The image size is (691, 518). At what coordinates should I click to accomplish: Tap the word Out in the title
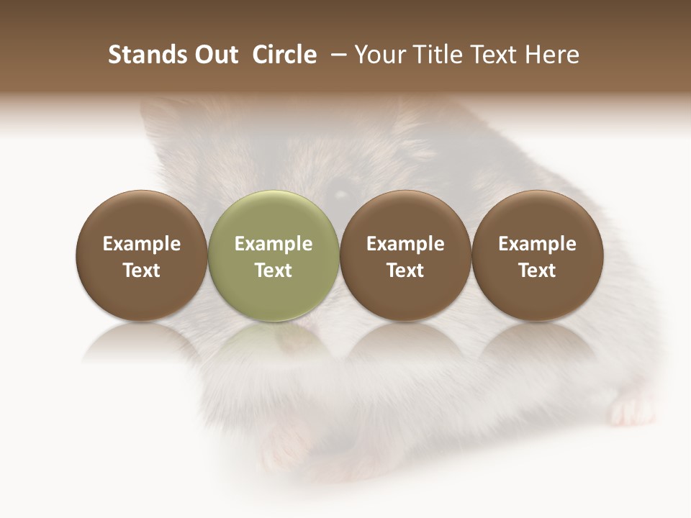(214, 55)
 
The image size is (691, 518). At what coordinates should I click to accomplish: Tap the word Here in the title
(551, 55)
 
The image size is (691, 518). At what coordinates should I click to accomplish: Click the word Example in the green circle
(274, 244)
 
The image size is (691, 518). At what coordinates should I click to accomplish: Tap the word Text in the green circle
(274, 271)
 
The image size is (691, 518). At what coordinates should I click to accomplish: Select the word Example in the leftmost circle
(141, 244)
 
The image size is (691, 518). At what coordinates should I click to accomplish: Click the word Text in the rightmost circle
(537, 271)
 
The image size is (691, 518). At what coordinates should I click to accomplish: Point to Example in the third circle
(405, 244)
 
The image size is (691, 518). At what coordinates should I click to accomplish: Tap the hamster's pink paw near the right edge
(628, 410)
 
